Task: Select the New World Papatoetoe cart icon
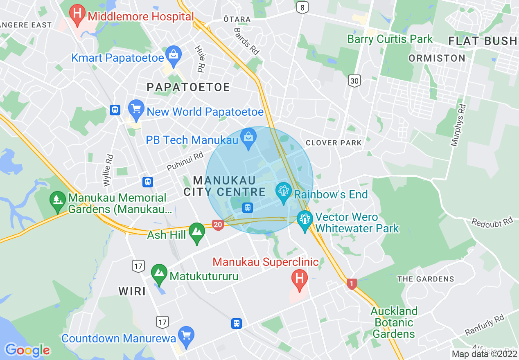point(136,108)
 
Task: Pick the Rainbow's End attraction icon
point(283,191)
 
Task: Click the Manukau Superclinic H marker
point(300,279)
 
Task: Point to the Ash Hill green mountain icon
point(197,231)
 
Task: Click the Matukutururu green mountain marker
point(159,273)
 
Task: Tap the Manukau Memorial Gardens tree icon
point(58,200)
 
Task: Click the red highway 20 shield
point(218,224)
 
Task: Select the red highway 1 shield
point(351,283)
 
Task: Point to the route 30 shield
point(354,81)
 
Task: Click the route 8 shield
point(302,7)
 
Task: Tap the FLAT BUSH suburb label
point(483,41)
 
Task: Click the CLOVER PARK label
point(334,143)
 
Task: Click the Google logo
point(27,350)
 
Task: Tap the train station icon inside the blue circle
point(247,207)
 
